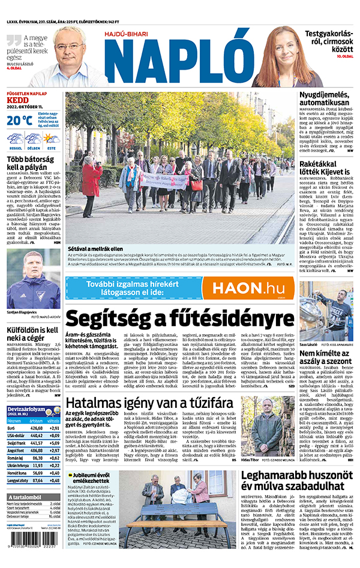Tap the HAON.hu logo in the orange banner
point(247,287)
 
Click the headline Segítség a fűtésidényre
point(179,317)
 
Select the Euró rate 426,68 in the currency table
point(37,428)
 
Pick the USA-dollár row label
point(17,437)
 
